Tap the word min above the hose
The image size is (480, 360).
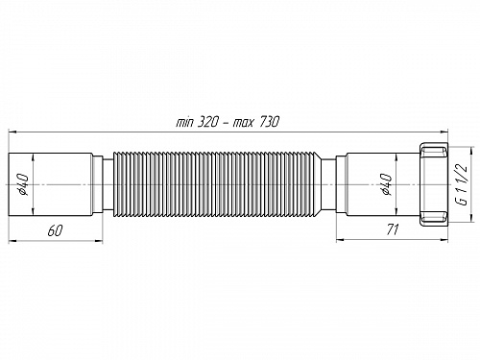[187, 122]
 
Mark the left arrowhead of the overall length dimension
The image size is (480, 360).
[13, 130]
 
